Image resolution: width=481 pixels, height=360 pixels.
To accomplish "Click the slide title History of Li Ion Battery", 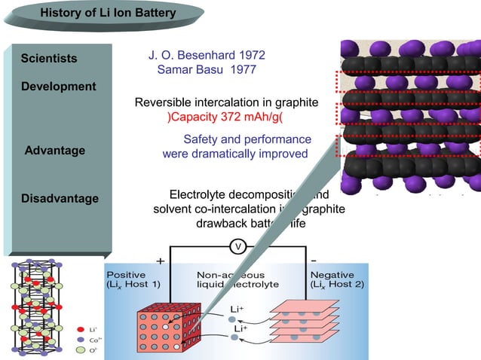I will [x=107, y=13].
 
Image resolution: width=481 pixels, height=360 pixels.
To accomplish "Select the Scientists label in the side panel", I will [x=49, y=59].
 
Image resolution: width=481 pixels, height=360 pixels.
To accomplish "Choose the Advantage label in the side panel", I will [x=55, y=151].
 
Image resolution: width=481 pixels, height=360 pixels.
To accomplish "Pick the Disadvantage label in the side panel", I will [x=60, y=199].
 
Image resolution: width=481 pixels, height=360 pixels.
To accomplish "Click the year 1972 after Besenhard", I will [x=251, y=56].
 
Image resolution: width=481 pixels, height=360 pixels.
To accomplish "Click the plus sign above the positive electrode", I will [x=160, y=261].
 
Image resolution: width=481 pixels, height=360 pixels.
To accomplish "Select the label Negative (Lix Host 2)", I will [x=337, y=280].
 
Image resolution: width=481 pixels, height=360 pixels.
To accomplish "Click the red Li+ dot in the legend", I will [x=81, y=330].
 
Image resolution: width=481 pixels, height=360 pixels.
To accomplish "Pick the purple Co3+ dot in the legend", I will [x=81, y=340].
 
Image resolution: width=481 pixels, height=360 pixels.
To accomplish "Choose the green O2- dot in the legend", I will [x=81, y=350].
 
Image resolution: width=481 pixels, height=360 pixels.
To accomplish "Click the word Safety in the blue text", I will [x=201, y=139].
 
